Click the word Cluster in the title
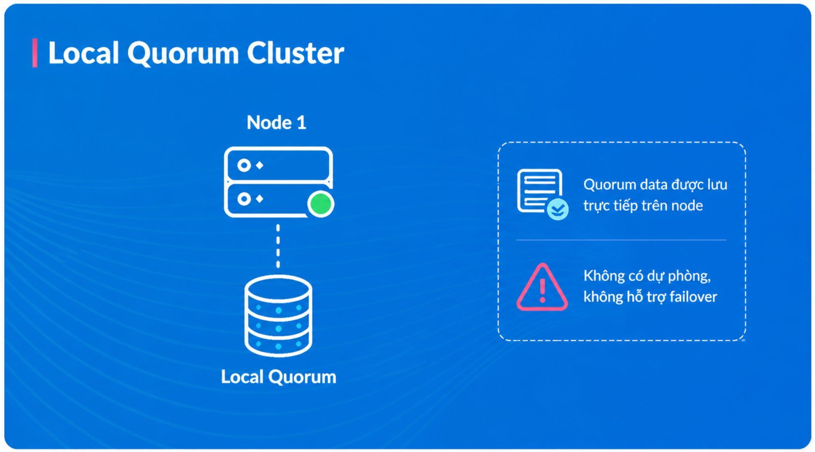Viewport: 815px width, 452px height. point(295,53)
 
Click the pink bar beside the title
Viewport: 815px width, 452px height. point(35,53)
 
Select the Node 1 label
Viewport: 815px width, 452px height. point(276,123)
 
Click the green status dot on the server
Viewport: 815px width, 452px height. point(321,204)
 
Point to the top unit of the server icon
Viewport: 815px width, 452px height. point(278,164)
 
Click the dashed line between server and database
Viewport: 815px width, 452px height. point(278,246)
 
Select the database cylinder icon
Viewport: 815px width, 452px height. point(278,316)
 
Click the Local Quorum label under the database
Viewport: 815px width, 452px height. point(279,377)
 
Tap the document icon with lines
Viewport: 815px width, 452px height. point(539,190)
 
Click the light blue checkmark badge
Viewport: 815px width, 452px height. point(558,210)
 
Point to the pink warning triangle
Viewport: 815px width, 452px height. point(542,287)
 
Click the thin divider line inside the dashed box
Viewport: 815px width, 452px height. point(621,240)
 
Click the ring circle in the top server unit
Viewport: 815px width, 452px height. point(244,165)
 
